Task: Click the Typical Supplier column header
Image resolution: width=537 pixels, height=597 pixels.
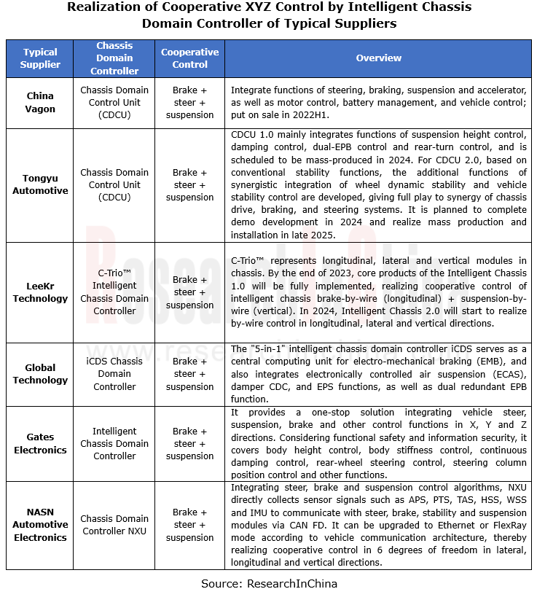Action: click(41, 58)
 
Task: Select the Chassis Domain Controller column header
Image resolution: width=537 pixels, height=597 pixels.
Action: click(114, 58)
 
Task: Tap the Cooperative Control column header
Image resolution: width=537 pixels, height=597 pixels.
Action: click(189, 58)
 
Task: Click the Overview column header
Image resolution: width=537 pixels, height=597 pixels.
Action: click(378, 58)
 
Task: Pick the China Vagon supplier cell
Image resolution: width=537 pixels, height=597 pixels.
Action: click(41, 103)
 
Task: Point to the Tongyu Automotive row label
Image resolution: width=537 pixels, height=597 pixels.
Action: click(41, 185)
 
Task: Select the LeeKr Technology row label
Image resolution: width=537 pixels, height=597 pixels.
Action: click(41, 292)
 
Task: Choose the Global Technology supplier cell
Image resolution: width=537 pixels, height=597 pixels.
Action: click(41, 374)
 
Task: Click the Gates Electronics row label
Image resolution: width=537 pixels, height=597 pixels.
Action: click(41, 443)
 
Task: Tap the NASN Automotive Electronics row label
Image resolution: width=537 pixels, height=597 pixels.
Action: click(41, 525)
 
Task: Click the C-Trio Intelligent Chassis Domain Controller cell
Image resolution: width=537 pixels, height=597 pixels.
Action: click(114, 292)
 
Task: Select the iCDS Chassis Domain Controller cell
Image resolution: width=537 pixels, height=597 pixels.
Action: click(114, 374)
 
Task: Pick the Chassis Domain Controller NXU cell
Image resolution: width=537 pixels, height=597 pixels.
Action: click(114, 525)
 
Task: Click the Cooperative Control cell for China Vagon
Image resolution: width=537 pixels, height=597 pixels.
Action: click(189, 103)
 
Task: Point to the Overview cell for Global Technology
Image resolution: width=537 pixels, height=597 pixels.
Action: click(378, 374)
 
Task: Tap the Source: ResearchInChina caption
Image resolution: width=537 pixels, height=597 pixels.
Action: click(269, 584)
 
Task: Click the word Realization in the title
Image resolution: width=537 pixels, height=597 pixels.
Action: click(103, 8)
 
